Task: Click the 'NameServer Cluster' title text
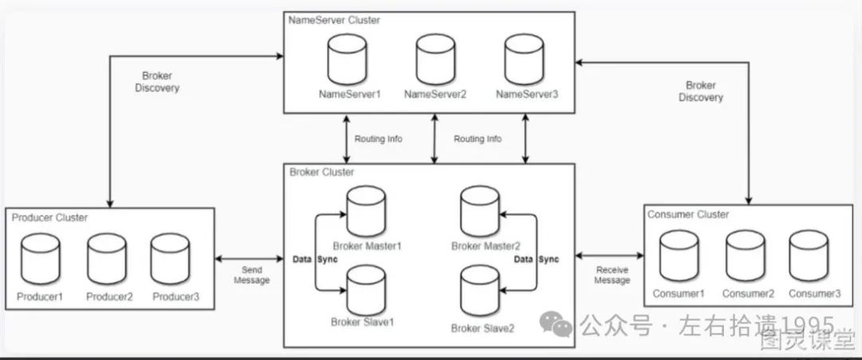click(x=335, y=21)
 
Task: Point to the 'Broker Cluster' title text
click(x=322, y=172)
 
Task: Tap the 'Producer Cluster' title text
click(x=50, y=217)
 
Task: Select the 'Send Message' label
click(x=251, y=275)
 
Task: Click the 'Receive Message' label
click(x=613, y=275)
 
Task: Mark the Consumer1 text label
click(x=679, y=294)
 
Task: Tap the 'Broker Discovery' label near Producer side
click(x=157, y=82)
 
